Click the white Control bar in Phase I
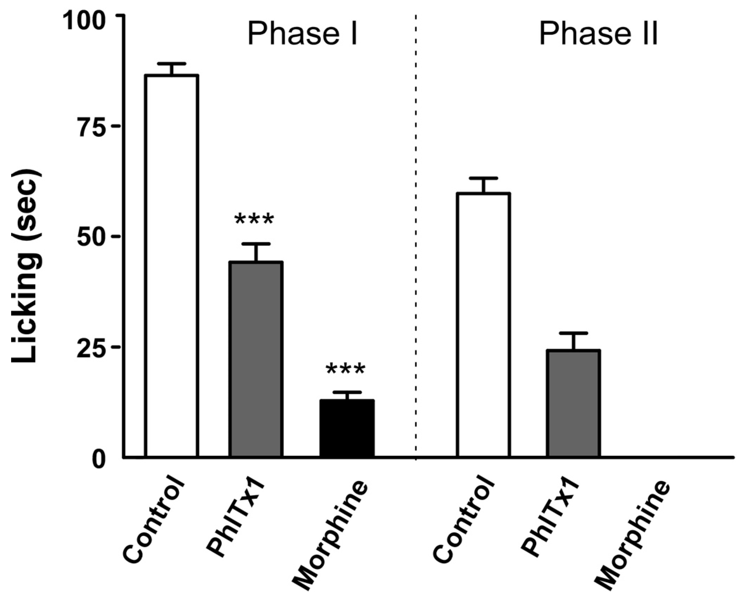click(x=172, y=266)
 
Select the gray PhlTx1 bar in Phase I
click(x=256, y=359)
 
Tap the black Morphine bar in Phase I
click(x=347, y=428)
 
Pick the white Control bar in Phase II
click(x=483, y=324)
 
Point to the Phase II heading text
click(x=598, y=34)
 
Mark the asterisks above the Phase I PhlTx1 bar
click(x=254, y=219)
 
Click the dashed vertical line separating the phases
click(x=415, y=242)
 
